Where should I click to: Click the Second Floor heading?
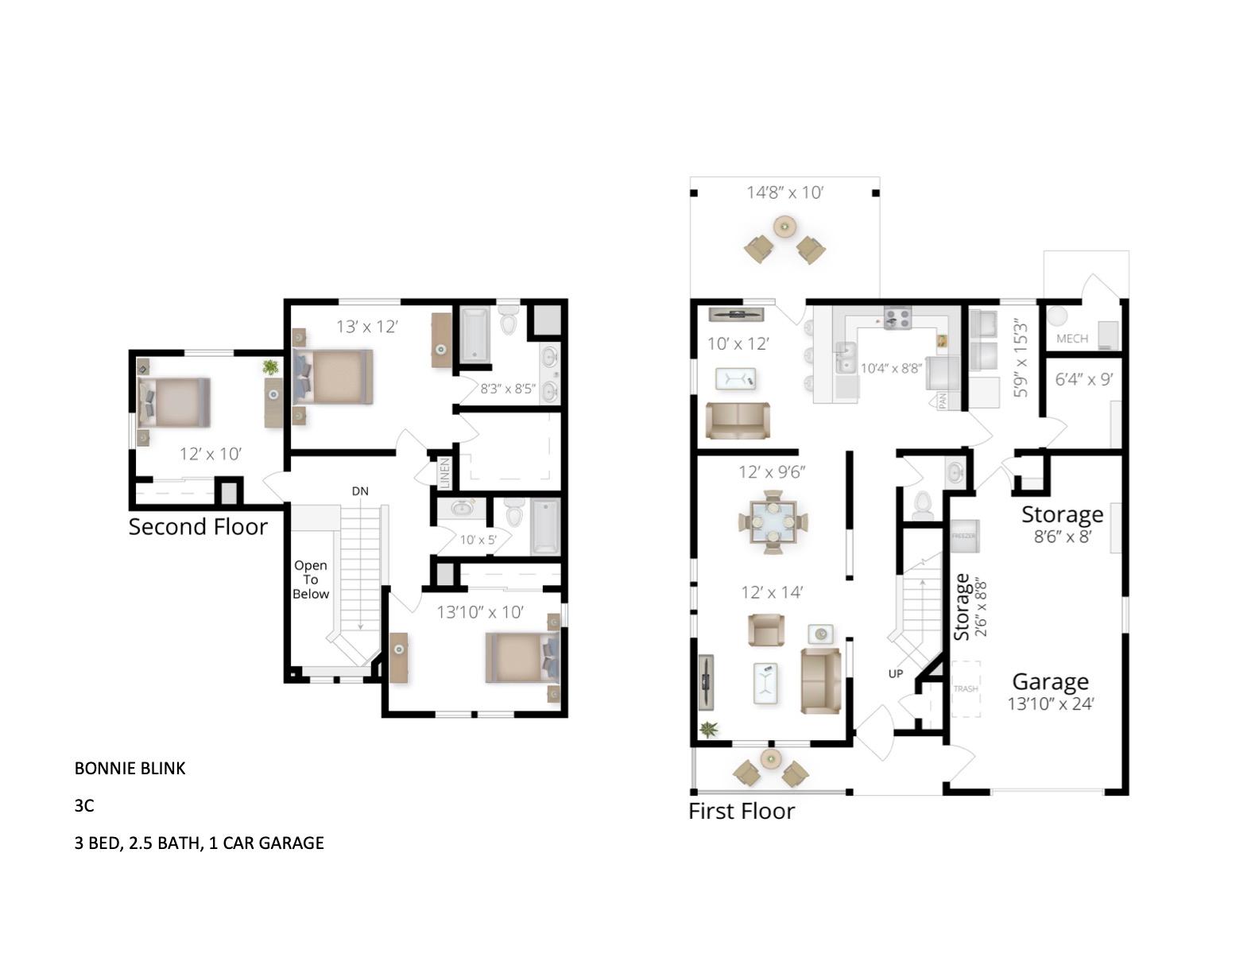tap(198, 526)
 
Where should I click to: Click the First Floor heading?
tap(741, 811)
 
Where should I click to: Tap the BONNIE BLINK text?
tap(130, 768)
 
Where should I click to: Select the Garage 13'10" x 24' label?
tap(1050, 691)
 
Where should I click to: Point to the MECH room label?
tap(1071, 339)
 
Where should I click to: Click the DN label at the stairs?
tap(360, 491)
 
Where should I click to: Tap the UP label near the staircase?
tap(896, 673)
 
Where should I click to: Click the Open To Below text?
tap(310, 580)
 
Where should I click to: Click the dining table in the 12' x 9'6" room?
tap(773, 521)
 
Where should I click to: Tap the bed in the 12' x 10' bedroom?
tap(175, 402)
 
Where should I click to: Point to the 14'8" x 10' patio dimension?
tap(784, 192)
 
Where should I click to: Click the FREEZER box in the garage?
tap(963, 536)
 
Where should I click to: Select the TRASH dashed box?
tap(966, 688)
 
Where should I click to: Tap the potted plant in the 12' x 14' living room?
tap(707, 728)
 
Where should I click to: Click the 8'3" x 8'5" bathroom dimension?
tap(508, 390)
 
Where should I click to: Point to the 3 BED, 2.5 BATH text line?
tap(199, 843)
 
